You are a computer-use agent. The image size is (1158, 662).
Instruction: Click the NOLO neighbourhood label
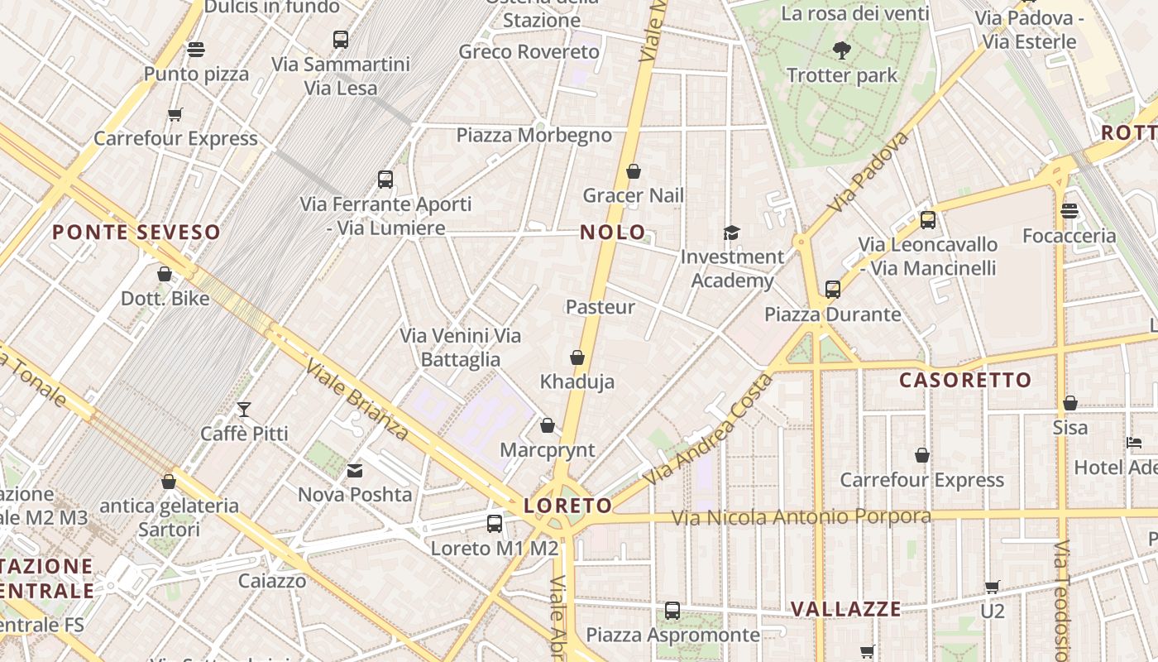(612, 233)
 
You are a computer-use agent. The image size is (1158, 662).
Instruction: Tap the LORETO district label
(568, 506)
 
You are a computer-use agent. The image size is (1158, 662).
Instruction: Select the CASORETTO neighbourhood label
(965, 381)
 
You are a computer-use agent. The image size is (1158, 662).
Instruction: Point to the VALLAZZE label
(846, 609)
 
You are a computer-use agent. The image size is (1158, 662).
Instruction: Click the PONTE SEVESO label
(136, 233)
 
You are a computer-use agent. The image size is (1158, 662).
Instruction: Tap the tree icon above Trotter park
(842, 50)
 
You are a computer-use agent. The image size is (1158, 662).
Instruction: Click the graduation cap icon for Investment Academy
(731, 233)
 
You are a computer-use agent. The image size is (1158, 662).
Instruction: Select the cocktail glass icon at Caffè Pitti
(244, 409)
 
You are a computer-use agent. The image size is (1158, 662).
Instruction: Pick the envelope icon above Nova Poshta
(355, 471)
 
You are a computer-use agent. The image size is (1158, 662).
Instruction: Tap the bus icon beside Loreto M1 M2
(495, 523)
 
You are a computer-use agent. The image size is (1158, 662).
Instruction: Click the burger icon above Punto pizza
(196, 50)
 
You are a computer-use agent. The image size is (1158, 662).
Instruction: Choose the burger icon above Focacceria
(1069, 211)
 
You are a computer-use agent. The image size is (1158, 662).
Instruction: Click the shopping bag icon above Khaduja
(577, 357)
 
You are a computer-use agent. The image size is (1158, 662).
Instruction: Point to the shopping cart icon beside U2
(993, 588)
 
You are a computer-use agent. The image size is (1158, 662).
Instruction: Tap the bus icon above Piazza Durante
(833, 290)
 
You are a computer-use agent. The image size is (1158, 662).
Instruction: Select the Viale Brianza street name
(357, 400)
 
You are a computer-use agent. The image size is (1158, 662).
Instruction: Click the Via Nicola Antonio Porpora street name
(801, 517)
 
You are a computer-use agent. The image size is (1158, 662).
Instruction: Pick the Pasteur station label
(601, 307)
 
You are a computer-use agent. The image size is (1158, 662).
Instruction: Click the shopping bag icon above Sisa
(1070, 404)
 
